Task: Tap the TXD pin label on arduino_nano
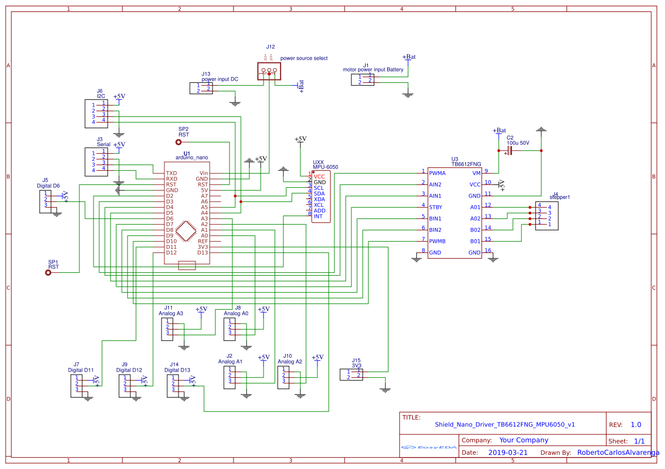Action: point(171,173)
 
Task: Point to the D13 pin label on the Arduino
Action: point(202,252)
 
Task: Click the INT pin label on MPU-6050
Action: point(318,216)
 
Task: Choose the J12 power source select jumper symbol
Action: point(269,71)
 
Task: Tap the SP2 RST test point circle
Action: point(179,143)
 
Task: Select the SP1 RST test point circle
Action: point(48,273)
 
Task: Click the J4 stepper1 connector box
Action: point(546,216)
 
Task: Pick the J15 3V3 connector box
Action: point(351,374)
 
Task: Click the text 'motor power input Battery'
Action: point(373,70)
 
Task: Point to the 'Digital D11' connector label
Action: point(81,370)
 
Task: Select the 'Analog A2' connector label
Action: point(290,361)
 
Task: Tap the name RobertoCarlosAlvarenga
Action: point(618,453)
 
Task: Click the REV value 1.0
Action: point(636,425)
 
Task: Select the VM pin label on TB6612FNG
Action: point(476,173)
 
